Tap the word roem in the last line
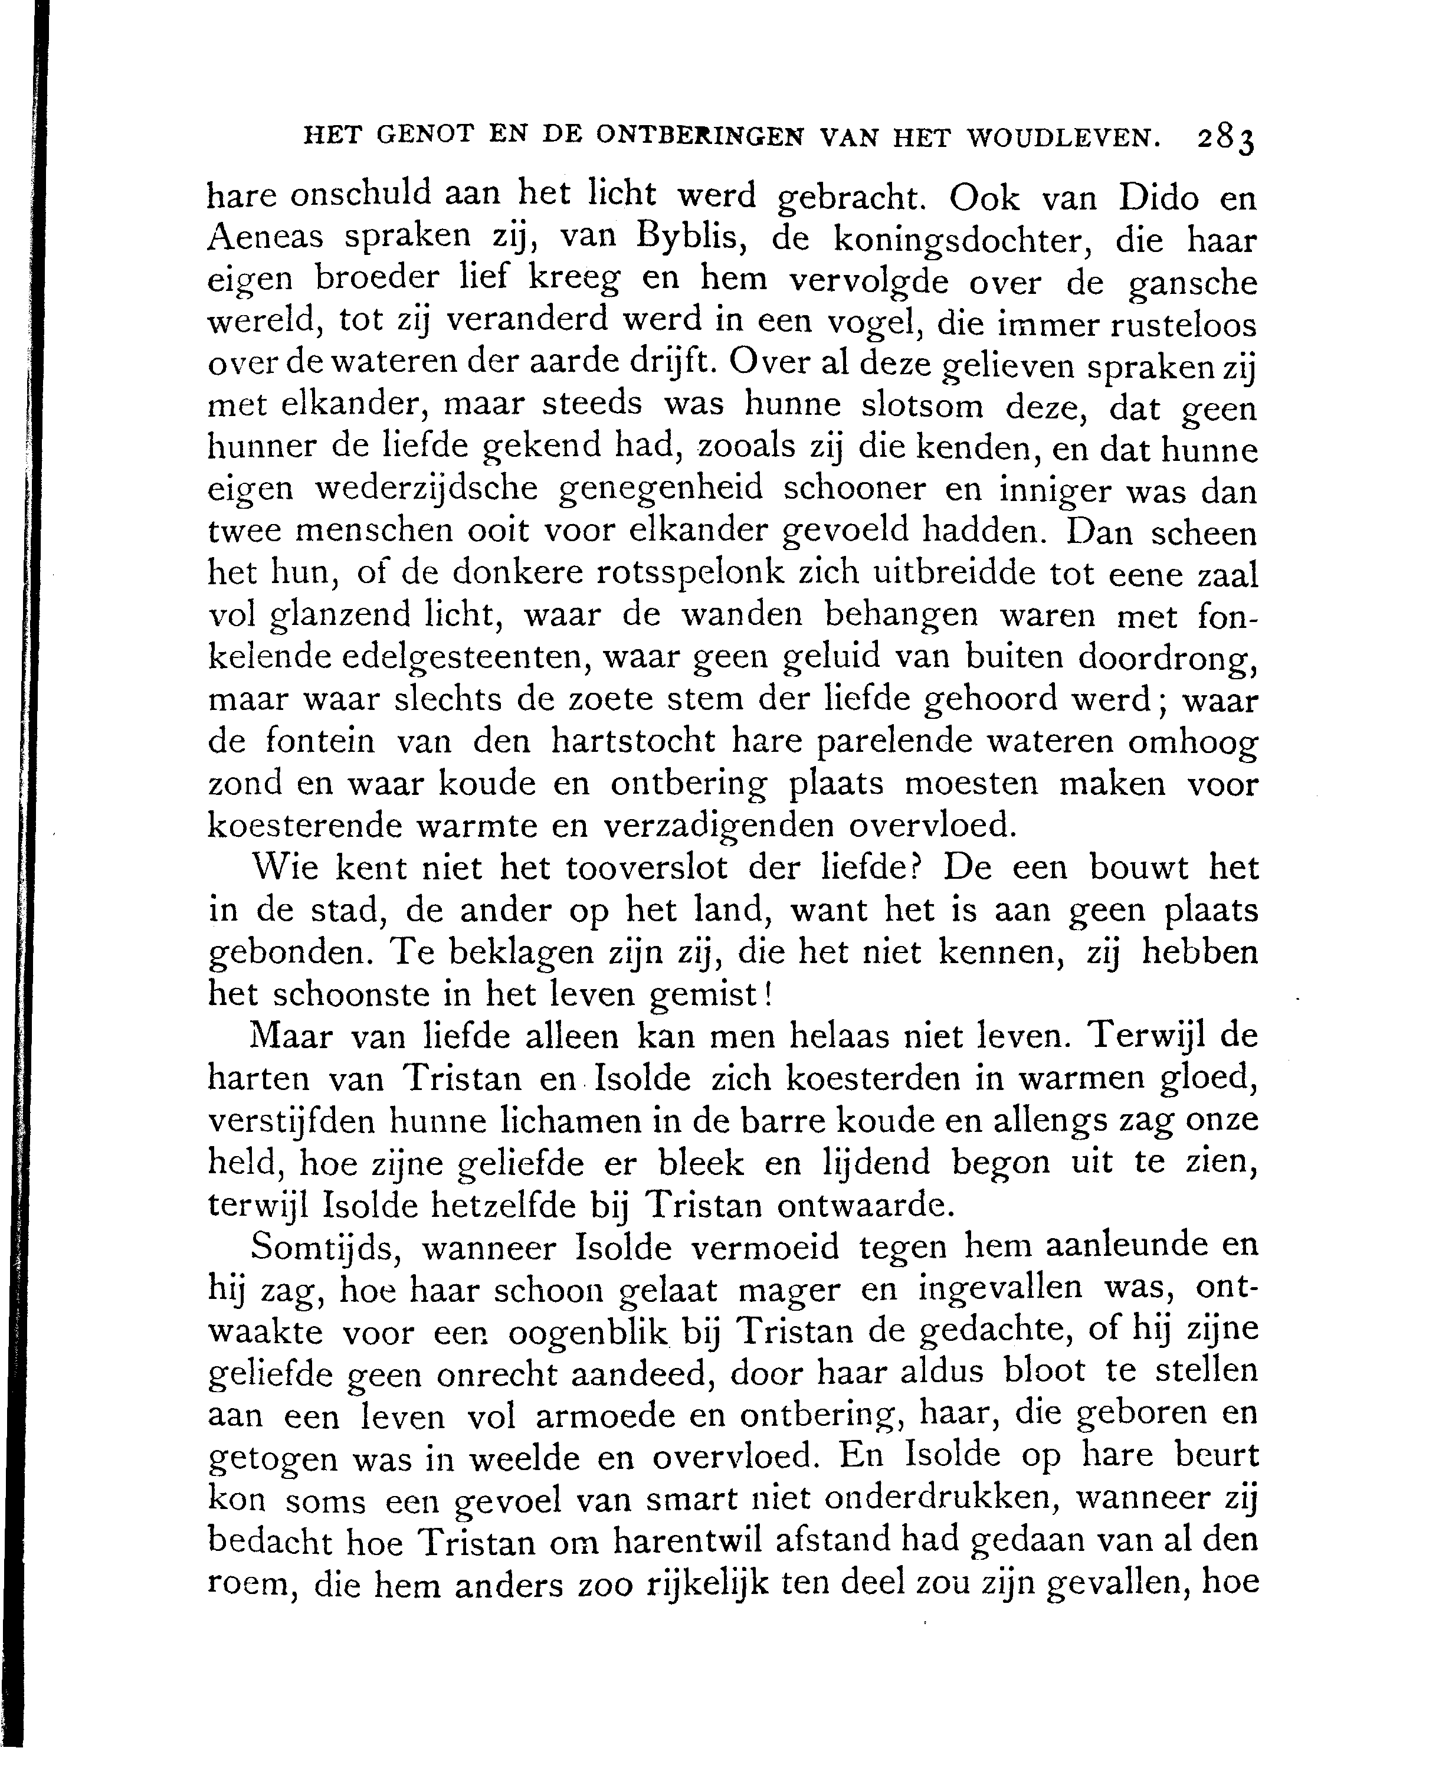pyautogui.click(x=246, y=1585)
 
